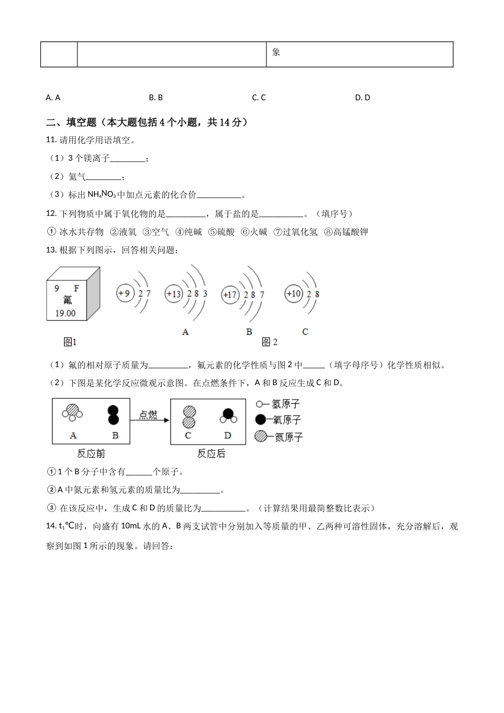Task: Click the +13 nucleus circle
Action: tap(174, 294)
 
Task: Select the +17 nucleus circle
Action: tap(230, 295)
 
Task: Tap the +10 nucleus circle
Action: tap(293, 293)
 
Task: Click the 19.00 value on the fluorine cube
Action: tap(65, 313)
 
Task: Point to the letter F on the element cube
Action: tap(76, 288)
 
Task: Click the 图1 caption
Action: tap(70, 342)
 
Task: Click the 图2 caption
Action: tap(270, 342)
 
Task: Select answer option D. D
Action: tap(362, 98)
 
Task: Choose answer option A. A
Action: tap(53, 98)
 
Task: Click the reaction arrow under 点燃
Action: tap(150, 421)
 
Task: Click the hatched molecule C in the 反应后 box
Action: tap(188, 416)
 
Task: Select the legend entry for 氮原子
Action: tap(279, 437)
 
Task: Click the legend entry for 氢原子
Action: tap(278, 404)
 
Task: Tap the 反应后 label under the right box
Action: tap(211, 454)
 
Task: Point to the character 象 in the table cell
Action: tap(276, 52)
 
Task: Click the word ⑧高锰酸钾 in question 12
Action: tap(345, 232)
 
